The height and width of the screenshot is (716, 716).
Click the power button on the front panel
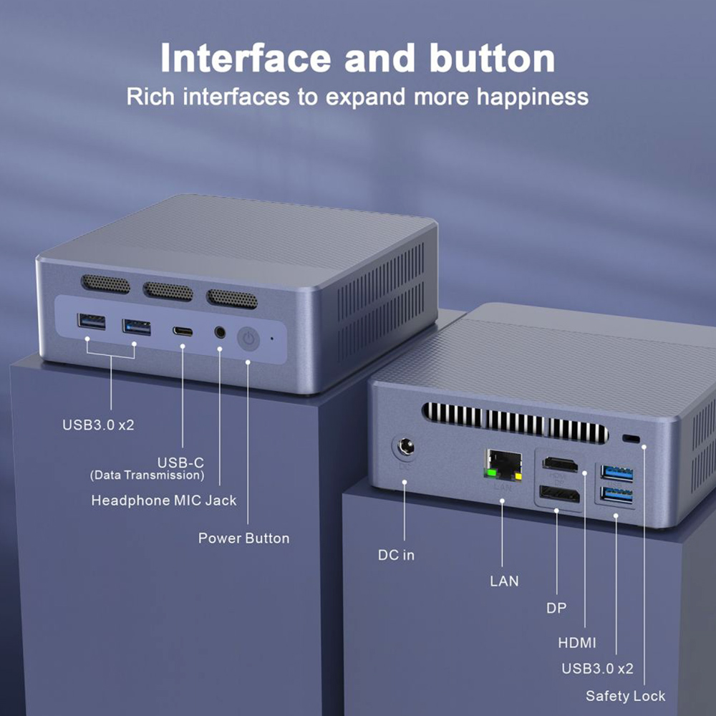[x=248, y=339]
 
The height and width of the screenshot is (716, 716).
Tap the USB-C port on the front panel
[x=183, y=332]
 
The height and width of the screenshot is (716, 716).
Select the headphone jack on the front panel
[x=220, y=333]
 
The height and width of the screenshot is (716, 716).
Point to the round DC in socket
[x=404, y=450]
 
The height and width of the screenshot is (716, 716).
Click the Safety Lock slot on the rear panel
[x=631, y=438]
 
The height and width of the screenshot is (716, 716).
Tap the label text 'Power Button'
[x=243, y=538]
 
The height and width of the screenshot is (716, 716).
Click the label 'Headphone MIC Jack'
[x=163, y=500]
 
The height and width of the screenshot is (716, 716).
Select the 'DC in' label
[x=396, y=555]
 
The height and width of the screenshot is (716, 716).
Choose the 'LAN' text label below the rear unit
[x=504, y=581]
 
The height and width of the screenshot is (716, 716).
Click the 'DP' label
[x=556, y=608]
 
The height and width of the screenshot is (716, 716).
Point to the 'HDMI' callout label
[x=577, y=642]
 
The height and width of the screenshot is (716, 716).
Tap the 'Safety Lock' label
[x=625, y=695]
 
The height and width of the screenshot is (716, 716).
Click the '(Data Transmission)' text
[x=147, y=475]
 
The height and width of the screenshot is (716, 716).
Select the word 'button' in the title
[x=492, y=59]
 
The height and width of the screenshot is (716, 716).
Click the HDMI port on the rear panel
[x=561, y=464]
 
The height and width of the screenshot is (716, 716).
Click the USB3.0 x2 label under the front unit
[x=98, y=425]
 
